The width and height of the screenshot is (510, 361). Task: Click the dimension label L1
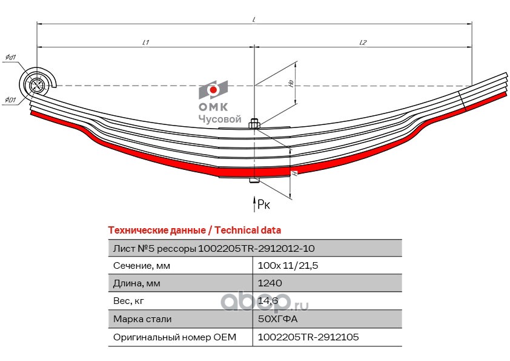click(145, 42)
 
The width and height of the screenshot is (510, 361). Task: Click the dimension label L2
click(363, 42)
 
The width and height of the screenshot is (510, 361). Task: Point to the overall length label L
click(254, 20)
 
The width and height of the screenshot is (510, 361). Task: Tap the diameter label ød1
click(10, 58)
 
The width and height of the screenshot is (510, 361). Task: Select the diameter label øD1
click(10, 100)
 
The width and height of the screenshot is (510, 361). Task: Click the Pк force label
click(264, 204)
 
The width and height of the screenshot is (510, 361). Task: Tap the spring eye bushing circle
click(36, 84)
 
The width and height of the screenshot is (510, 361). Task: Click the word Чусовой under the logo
click(220, 120)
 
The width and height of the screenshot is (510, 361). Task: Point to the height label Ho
click(291, 83)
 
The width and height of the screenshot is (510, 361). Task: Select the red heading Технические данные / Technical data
click(194, 231)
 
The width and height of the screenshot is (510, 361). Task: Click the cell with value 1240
click(270, 283)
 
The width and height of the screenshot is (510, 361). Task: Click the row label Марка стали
click(142, 319)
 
